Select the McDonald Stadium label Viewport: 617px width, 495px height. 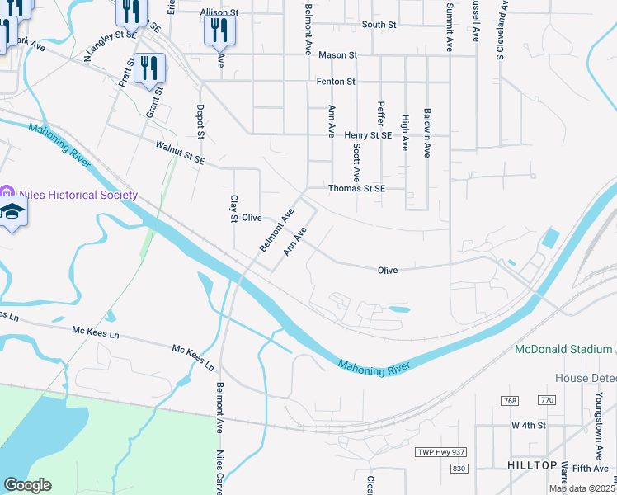pyautogui.click(x=563, y=349)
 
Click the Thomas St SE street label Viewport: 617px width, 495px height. pyautogui.click(x=357, y=188)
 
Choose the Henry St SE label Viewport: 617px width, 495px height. pyautogui.click(x=368, y=135)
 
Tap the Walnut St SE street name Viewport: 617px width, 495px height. pyautogui.click(x=180, y=152)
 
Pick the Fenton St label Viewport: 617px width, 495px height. pyautogui.click(x=336, y=82)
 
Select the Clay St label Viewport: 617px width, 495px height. pyautogui.click(x=233, y=209)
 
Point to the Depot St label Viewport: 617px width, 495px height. pyautogui.click(x=200, y=122)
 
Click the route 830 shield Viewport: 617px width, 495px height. pyautogui.click(x=459, y=468)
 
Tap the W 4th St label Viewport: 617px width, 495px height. pyautogui.click(x=529, y=426)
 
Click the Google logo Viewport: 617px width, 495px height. pyautogui.click(x=27, y=485)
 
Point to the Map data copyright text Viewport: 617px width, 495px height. pyautogui.click(x=581, y=488)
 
